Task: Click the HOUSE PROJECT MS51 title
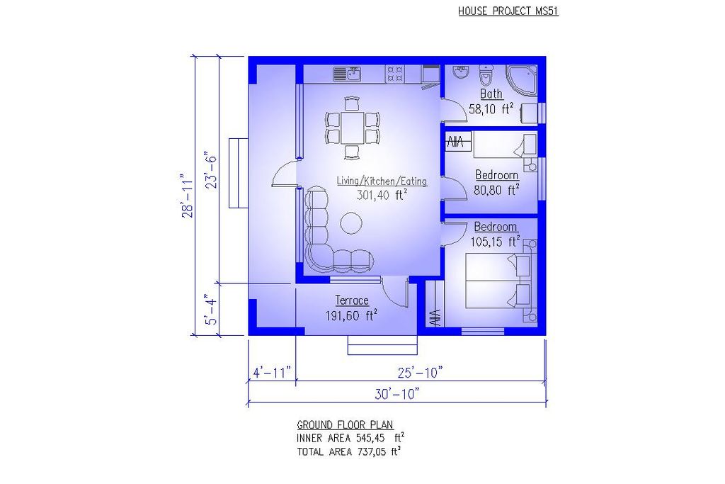[508, 11]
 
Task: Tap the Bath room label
[491, 94]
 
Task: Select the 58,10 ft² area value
[491, 109]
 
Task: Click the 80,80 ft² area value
[496, 189]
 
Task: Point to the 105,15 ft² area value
[496, 242]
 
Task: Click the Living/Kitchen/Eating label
[382, 181]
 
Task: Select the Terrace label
[352, 301]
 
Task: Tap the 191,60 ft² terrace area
[350, 316]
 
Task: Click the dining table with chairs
[353, 127]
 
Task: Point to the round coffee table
[351, 224]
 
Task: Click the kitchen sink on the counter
[347, 74]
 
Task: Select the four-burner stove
[394, 74]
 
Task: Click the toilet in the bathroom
[486, 74]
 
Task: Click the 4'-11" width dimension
[272, 372]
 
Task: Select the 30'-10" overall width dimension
[397, 393]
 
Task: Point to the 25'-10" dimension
[421, 372]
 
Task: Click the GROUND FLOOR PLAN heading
[345, 424]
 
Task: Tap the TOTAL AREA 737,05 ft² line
[350, 451]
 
